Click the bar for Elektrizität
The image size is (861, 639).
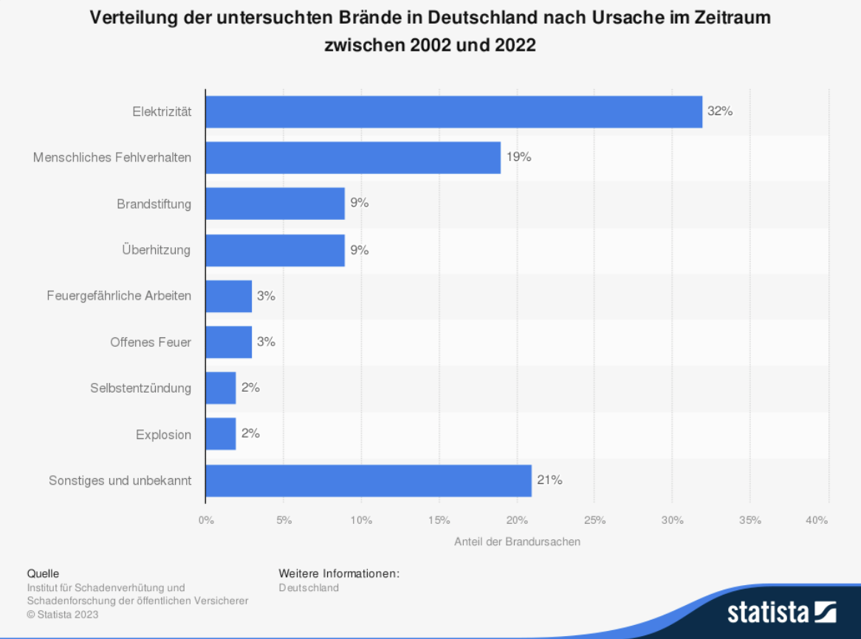click(453, 111)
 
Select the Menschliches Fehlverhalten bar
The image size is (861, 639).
click(353, 157)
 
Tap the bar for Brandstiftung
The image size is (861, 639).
click(275, 204)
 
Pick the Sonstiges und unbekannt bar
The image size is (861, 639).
click(368, 480)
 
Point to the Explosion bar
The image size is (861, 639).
click(221, 434)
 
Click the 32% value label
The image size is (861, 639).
click(719, 111)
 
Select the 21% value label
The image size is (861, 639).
click(549, 480)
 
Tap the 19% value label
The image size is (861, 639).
click(518, 157)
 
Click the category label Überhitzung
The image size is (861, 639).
click(156, 249)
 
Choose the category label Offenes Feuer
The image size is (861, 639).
click(151, 342)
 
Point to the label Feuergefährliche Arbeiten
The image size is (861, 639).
click(119, 296)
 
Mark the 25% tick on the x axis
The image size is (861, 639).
click(594, 520)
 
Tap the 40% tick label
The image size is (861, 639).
click(817, 520)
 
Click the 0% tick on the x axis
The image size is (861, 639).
click(206, 520)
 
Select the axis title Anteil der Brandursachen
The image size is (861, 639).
click(517, 542)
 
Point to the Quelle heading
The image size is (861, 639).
click(43, 573)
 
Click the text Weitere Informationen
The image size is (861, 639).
click(339, 573)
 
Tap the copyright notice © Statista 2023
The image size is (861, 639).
click(62, 615)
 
